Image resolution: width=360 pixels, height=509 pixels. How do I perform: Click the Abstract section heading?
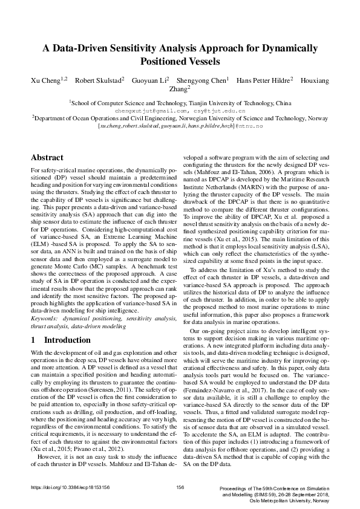pyautogui.click(x=47, y=157)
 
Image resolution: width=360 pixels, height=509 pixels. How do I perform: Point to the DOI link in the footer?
pyautogui.click(x=70, y=487)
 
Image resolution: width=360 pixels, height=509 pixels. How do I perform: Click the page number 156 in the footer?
pyautogui.click(x=180, y=487)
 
